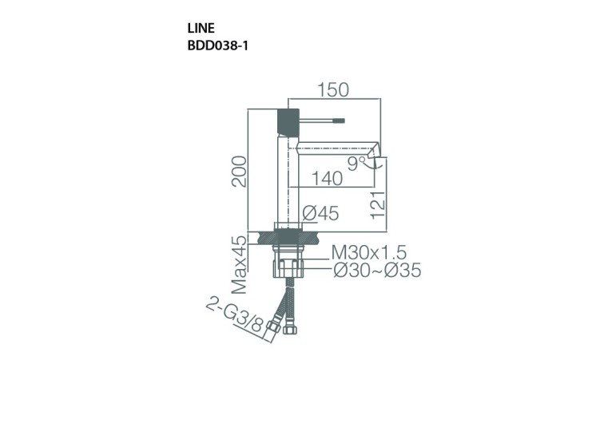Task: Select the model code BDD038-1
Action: [217, 45]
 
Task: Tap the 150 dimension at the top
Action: [332, 90]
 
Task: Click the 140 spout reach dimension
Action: [327, 179]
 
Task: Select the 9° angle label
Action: [356, 164]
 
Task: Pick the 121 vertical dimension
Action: [379, 204]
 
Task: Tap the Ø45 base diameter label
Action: [321, 213]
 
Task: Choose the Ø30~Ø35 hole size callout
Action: [376, 271]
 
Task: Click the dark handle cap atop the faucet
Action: [287, 121]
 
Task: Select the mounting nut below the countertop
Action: [289, 265]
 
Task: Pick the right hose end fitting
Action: [291, 327]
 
